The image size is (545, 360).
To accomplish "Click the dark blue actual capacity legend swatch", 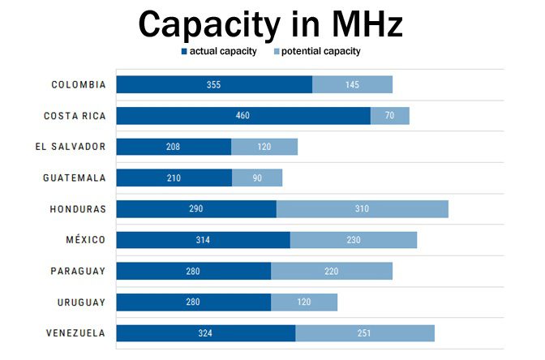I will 184,51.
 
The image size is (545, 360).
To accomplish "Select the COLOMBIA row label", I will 79,84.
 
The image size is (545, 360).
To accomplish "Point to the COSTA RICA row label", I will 75,116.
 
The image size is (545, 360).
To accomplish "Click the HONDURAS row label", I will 79,208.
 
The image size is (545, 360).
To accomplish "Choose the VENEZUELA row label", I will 76,333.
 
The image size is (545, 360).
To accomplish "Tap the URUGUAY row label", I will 81,302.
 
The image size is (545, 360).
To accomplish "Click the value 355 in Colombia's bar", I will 213,84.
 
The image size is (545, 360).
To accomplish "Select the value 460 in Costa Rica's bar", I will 242,116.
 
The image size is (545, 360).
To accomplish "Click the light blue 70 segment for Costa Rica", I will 390,116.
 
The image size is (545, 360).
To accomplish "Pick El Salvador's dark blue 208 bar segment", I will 173,147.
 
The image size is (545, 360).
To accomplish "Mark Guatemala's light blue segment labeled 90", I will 257,178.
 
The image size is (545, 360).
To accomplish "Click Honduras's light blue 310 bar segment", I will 362,209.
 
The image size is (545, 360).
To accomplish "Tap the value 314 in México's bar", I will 203,240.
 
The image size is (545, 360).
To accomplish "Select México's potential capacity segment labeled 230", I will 353,240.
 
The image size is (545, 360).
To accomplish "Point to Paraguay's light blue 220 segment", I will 331,271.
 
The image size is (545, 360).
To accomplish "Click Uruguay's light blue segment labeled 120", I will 304,302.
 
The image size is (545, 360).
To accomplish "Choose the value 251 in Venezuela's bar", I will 364,333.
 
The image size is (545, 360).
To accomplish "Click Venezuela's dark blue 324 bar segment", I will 205,333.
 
